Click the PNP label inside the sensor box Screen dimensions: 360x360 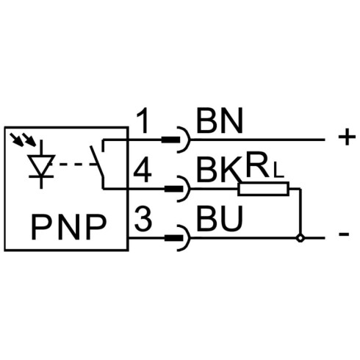pyautogui.click(x=69, y=227)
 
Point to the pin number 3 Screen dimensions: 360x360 pyautogui.click(x=143, y=219)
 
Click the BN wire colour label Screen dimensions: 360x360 pyautogui.click(x=220, y=120)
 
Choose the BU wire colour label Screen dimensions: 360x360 pyautogui.click(x=220, y=219)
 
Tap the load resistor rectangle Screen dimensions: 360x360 pyautogui.click(x=263, y=189)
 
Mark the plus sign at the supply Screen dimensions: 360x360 pyautogui.click(x=347, y=137)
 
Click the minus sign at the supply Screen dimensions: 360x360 pyautogui.click(x=344, y=234)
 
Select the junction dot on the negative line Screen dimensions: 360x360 pyautogui.click(x=300, y=237)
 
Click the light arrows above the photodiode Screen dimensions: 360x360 pyautogui.click(x=24, y=140)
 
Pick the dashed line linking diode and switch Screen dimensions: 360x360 pyautogui.click(x=74, y=165)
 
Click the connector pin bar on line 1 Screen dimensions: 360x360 pyautogui.click(x=170, y=140)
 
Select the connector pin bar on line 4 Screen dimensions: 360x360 pyautogui.click(x=173, y=189)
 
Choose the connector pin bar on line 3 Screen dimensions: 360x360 pyautogui.click(x=173, y=238)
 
